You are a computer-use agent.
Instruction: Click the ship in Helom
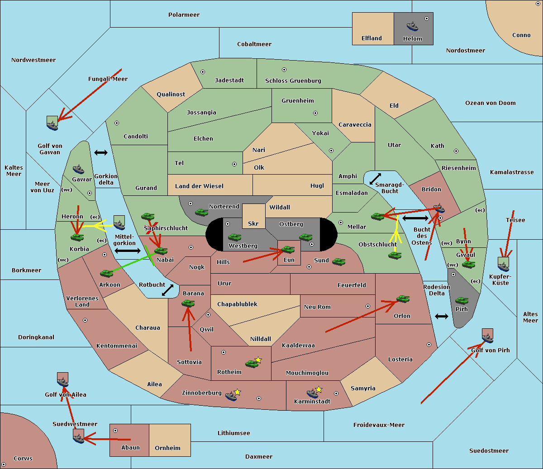coord(412,26)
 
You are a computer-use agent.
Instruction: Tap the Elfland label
coord(372,38)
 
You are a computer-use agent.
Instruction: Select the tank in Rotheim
coord(252,363)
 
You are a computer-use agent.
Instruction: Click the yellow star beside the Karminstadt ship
coord(319,389)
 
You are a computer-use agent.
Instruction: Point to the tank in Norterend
coord(201,212)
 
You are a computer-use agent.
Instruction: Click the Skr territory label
coord(253,224)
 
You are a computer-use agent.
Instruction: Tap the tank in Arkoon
coord(106,273)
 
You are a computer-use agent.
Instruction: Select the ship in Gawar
coord(78,170)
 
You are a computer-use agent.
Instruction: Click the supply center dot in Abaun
coord(115,431)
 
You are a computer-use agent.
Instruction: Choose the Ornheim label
coord(167,448)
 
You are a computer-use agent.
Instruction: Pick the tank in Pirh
coord(462,300)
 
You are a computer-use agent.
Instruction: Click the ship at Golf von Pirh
coord(487,336)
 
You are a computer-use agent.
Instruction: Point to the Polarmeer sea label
coord(184,15)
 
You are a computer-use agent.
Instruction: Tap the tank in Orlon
coord(402,298)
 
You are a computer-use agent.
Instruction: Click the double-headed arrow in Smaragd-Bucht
coord(375,179)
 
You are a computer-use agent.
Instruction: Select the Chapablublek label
coord(237,304)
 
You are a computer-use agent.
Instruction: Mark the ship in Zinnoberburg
coord(231,397)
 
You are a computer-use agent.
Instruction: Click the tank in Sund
coord(338,261)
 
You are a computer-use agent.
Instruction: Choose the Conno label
coord(521,35)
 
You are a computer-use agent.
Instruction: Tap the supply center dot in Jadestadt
coord(203,72)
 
